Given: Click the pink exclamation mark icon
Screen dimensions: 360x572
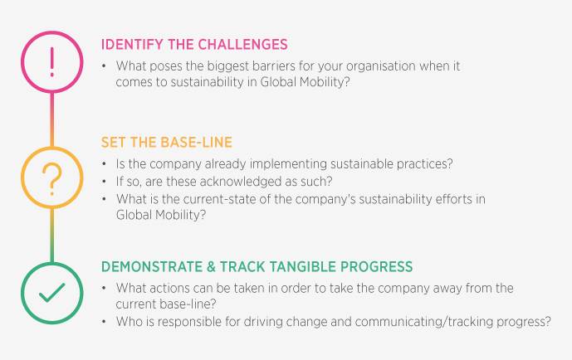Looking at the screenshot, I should (x=51, y=60).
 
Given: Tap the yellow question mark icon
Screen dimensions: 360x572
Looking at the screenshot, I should (x=51, y=177).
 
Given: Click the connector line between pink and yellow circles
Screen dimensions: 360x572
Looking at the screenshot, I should (x=51, y=118).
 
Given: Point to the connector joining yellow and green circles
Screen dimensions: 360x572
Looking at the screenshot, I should (x=51, y=235).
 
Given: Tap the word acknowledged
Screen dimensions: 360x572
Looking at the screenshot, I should (x=235, y=181).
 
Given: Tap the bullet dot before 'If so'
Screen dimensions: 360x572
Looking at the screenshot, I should (x=105, y=181).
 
